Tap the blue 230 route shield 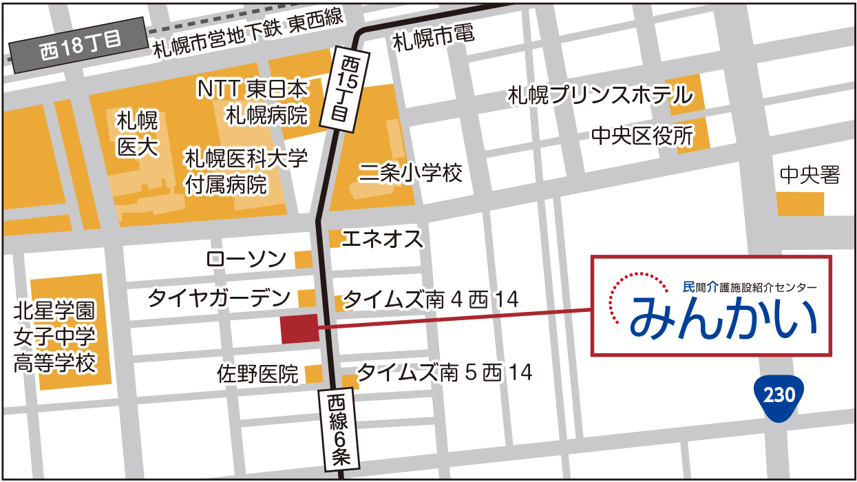tap(779, 395)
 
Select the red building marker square tap(299, 328)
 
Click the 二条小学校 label tap(411, 173)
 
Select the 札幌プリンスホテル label tap(600, 96)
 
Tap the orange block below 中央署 tap(800, 205)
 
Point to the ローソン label tap(246, 259)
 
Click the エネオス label tap(382, 239)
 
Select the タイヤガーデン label tap(220, 299)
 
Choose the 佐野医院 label tap(257, 374)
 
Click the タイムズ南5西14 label tap(445, 373)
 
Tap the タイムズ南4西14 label tap(430, 300)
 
